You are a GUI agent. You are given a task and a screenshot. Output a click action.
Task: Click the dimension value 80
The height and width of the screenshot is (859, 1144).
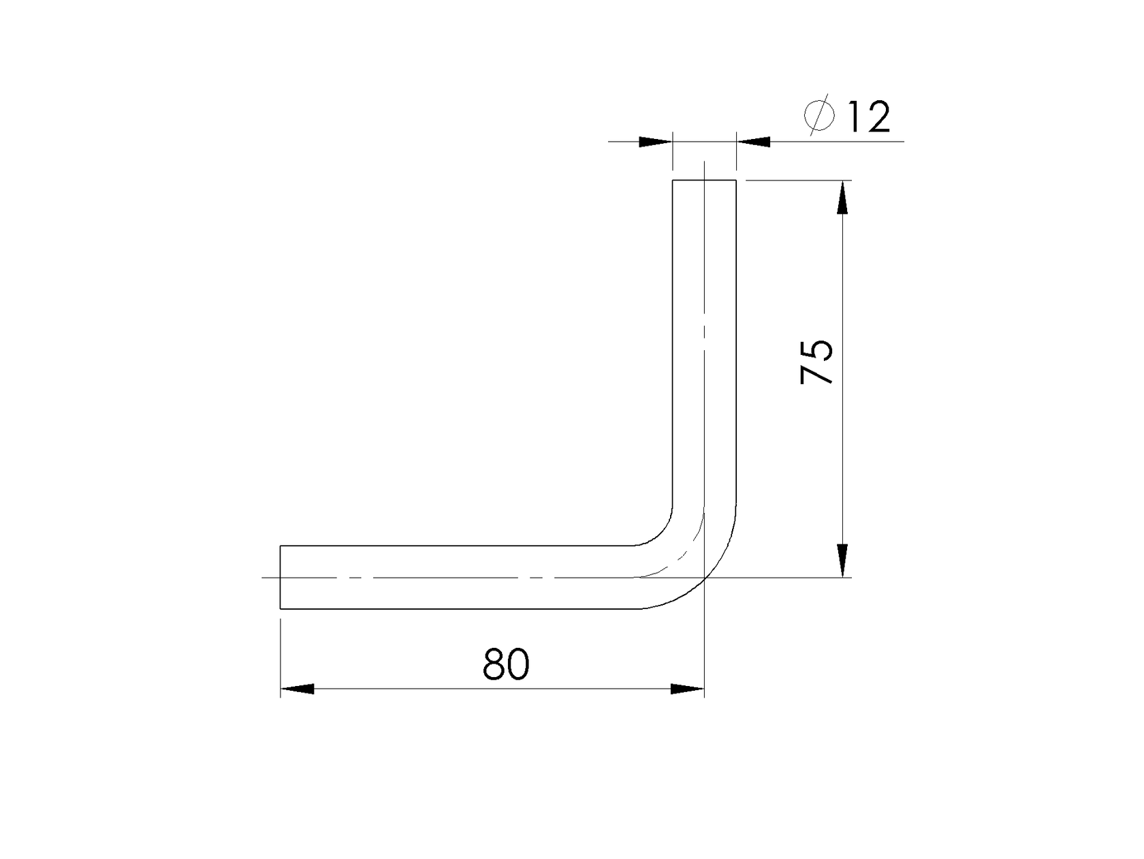coord(505,664)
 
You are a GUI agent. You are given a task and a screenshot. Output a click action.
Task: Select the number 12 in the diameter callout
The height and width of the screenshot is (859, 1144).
coord(868,117)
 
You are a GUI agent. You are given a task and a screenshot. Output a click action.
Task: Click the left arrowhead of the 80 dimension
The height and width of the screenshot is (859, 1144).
coord(298,689)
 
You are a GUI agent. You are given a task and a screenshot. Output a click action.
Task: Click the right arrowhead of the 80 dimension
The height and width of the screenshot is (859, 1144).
coord(688,689)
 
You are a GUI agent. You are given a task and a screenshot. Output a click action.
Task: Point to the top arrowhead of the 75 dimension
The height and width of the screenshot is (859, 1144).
coord(843,198)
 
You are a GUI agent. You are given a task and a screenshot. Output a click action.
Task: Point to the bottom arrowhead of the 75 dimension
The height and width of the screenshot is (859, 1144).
coord(843,560)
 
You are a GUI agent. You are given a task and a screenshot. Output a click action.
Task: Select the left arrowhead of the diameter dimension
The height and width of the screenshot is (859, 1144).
coord(655,142)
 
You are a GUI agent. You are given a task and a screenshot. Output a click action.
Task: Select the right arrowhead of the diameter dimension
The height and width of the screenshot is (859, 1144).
coord(754,142)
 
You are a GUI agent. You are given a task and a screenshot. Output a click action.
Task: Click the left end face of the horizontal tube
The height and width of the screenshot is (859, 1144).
coord(281,577)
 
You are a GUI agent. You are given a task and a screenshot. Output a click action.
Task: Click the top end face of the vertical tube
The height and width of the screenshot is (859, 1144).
coord(704,180)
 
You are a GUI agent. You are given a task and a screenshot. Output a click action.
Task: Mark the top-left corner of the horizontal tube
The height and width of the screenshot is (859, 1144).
coord(281,546)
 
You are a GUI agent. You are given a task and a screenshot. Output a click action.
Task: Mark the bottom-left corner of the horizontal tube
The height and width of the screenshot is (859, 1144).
coord(281,608)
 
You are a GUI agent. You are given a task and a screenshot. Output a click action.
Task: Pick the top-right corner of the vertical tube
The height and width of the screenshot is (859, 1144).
coord(736,180)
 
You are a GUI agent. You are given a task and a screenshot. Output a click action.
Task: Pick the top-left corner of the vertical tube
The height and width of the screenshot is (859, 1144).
coord(673,180)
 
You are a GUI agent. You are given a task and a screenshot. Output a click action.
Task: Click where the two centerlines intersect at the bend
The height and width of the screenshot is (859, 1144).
coord(705,578)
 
